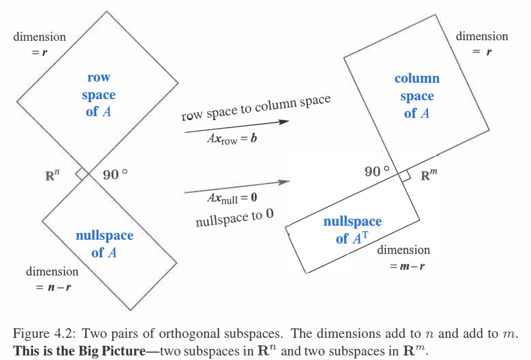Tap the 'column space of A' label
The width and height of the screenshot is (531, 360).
coord(417,96)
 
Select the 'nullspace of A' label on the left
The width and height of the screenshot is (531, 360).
coord(104,244)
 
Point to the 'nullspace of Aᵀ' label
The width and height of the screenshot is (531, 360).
coord(352,230)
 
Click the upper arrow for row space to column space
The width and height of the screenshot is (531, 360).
coord(236,126)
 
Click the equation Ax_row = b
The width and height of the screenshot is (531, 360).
coord(231,138)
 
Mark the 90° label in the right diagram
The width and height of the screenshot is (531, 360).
coord(377,171)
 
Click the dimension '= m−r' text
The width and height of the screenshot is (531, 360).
coord(407,265)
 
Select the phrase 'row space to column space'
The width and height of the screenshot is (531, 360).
coord(256,108)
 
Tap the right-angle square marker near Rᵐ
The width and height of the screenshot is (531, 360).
coord(404,176)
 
